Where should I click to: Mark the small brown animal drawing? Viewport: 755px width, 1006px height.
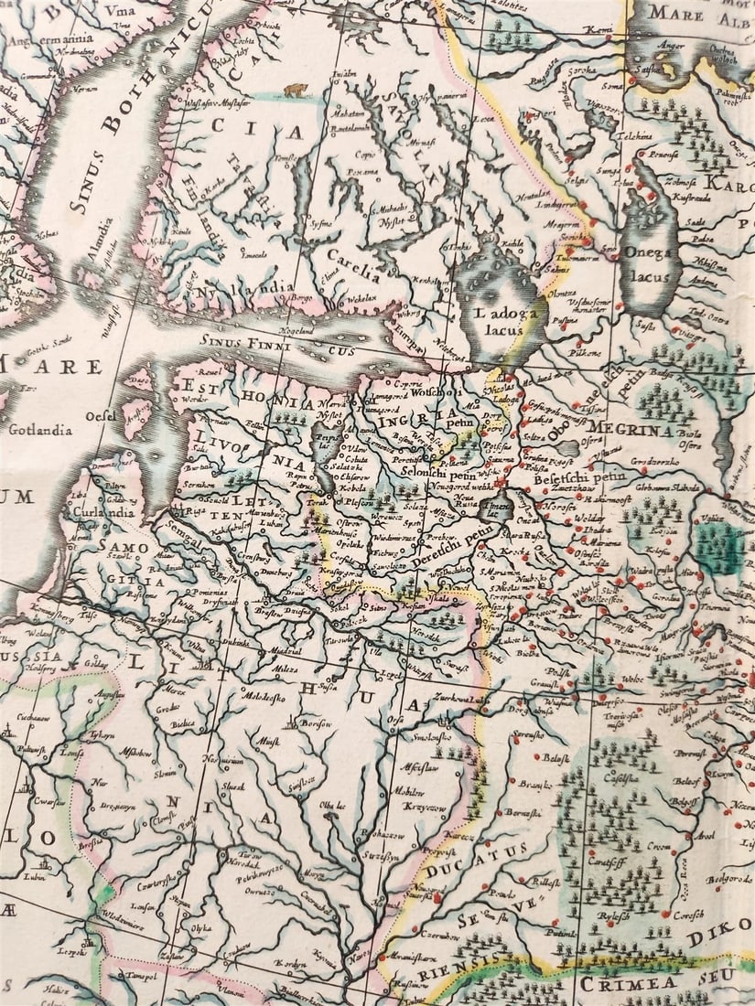(296, 90)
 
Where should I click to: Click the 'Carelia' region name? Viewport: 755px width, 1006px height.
(352, 271)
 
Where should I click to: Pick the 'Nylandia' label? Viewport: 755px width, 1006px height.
(232, 292)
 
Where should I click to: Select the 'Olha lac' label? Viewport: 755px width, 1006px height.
(329, 806)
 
